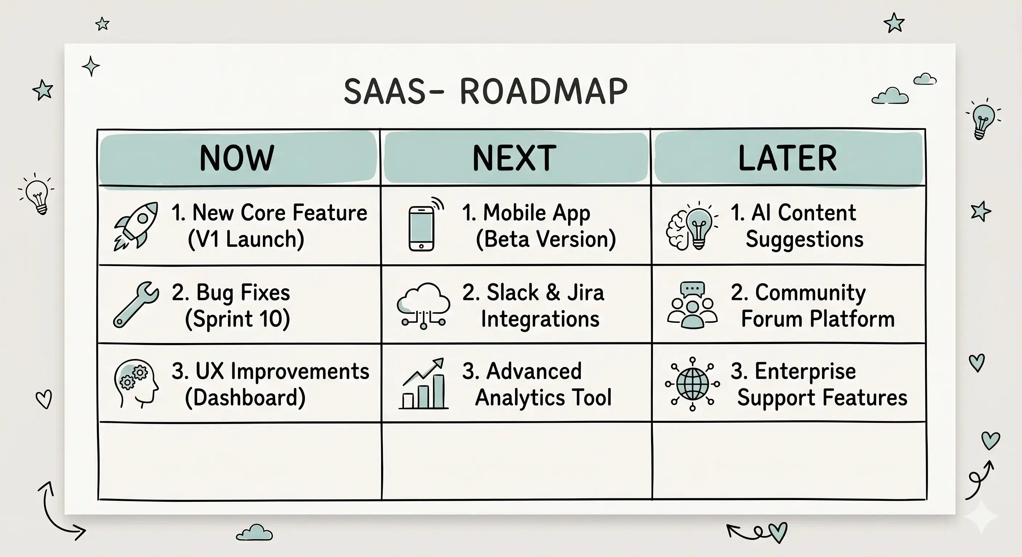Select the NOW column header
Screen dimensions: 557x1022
237,158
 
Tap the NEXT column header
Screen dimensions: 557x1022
515,158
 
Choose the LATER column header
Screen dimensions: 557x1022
788,158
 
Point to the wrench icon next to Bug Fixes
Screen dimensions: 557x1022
136,305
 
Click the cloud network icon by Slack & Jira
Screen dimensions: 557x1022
423,306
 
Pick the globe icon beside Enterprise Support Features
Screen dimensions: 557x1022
692,384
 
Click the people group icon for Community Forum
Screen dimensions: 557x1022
692,305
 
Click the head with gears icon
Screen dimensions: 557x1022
135,384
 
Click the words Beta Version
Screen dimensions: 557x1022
545,239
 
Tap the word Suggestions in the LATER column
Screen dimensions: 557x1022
804,239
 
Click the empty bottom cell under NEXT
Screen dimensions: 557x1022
516,461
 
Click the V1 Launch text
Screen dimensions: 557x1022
246,239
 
